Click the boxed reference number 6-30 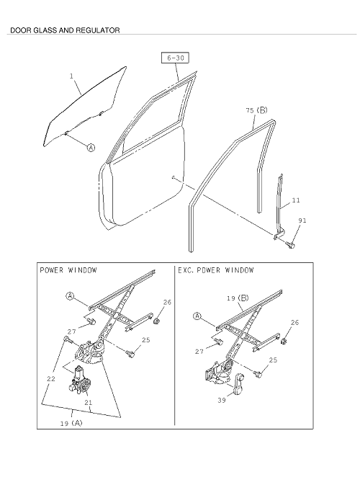[175, 58]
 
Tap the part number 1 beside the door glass [71, 76]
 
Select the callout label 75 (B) [256, 110]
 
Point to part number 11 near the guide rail [296, 200]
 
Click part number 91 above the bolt [302, 220]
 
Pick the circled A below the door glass [91, 147]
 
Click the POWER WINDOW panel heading [68, 270]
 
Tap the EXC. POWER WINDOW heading [216, 270]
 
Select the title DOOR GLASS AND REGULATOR [65, 30]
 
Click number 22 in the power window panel [51, 379]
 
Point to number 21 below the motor [89, 403]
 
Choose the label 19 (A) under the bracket [71, 423]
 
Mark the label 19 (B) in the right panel [238, 298]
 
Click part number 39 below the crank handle [222, 400]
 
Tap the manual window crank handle [239, 383]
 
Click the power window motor [79, 379]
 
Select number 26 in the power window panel [167, 302]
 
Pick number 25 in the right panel [273, 360]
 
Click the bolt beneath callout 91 [290, 245]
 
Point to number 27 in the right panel [199, 351]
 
